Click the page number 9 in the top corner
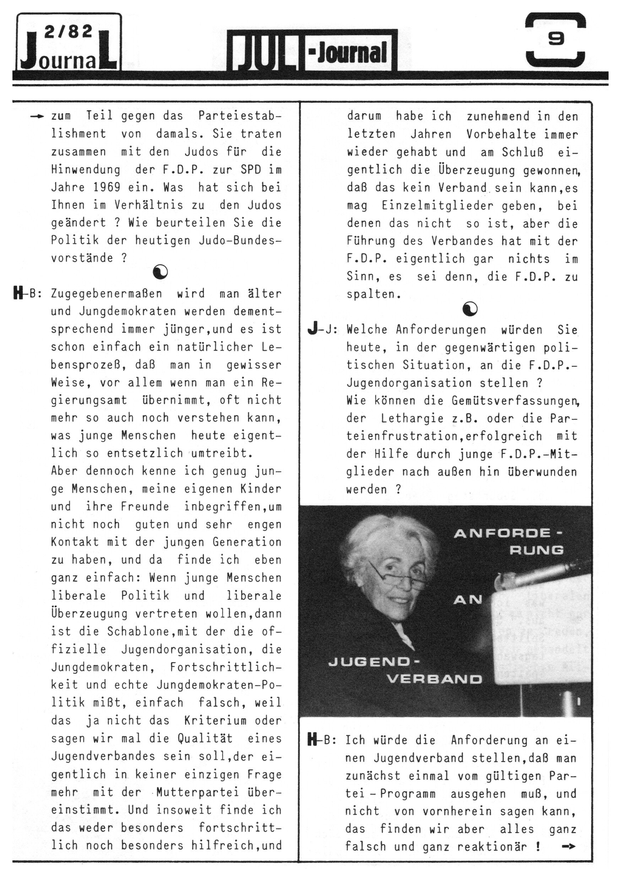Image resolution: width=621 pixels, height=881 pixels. pos(555,39)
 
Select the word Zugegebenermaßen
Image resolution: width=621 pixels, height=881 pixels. pos(106,294)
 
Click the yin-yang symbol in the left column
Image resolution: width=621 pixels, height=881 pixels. pos(160,272)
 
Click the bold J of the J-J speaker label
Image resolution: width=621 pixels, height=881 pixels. pos(312,329)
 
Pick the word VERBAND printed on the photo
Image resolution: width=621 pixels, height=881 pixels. pos(434,679)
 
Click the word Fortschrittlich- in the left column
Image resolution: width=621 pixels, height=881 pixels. pos(225,667)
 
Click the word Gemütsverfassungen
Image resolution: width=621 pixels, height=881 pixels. pos(514,401)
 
